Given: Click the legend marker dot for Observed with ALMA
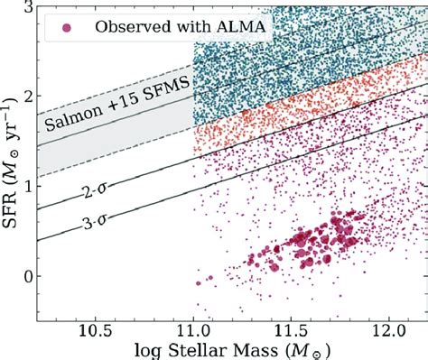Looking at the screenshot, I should [65, 28].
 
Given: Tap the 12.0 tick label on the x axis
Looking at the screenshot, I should [387, 331].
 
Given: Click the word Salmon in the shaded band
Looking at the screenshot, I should [69, 122].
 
